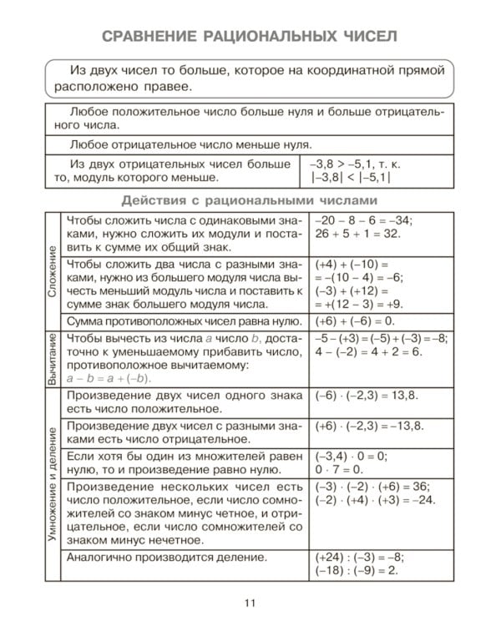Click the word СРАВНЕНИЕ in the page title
pos(151,36)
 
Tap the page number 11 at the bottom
pos(250,603)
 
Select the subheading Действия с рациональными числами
pos(250,200)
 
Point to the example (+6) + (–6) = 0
pos(354,321)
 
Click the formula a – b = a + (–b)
pos(110,377)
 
